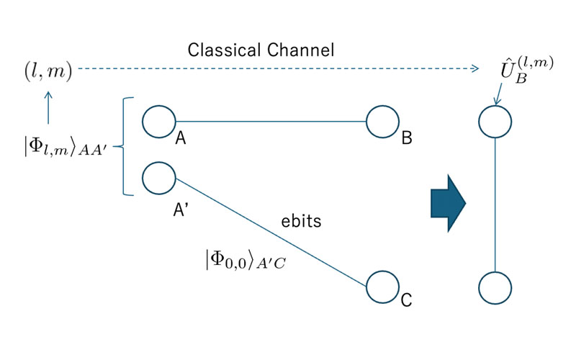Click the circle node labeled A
tap(159, 121)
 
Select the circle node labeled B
tap(382, 122)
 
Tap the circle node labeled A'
tap(159, 177)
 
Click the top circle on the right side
tap(495, 121)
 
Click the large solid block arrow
tap(448, 204)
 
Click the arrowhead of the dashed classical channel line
tap(474, 69)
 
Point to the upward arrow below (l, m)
tap(48, 106)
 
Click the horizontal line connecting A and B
tap(271, 121)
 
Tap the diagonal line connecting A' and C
tap(274, 233)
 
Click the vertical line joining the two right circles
tap(495, 204)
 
